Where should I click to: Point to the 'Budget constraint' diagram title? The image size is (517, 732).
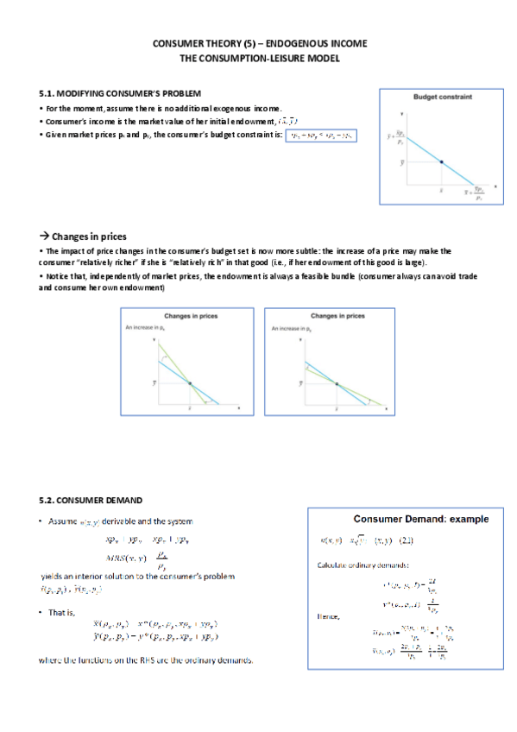pos(443,97)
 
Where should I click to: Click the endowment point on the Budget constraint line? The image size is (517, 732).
pos(442,161)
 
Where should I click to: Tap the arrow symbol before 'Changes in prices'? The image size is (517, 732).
pos(44,237)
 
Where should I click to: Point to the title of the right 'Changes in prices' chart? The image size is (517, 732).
pos(336,316)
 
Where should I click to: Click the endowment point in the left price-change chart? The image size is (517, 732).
pos(190,382)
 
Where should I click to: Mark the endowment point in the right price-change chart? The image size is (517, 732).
pos(336,382)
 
